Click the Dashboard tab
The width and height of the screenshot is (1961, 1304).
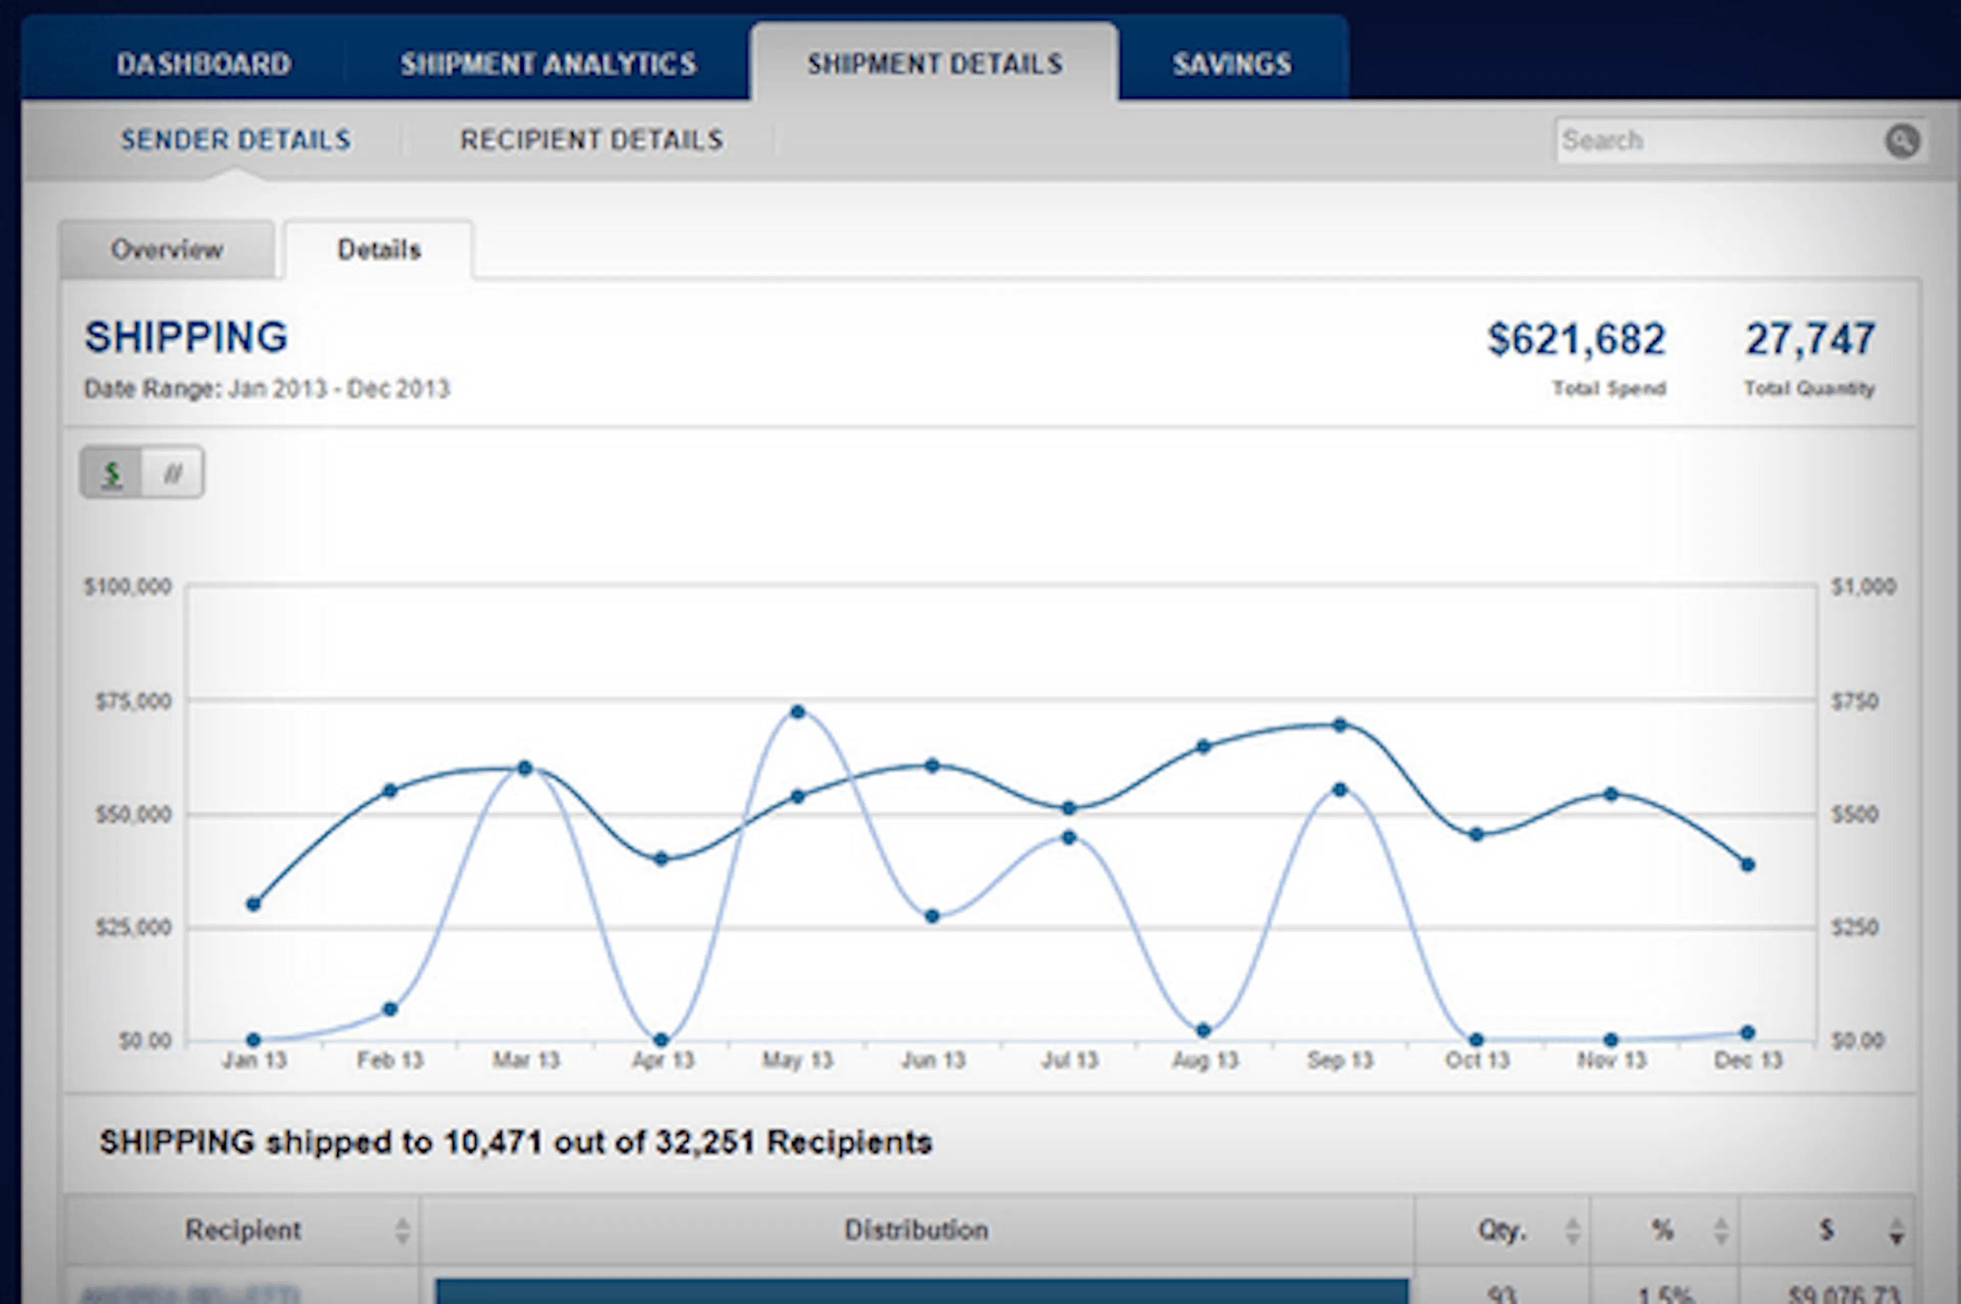click(204, 64)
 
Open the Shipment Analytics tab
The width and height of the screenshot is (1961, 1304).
click(548, 64)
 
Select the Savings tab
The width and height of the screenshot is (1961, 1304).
click(1232, 64)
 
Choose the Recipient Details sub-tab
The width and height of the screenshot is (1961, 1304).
click(591, 140)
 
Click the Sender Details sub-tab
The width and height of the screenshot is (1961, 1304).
click(235, 140)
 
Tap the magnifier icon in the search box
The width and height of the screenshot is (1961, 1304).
click(1902, 140)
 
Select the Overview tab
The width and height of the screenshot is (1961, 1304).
click(166, 250)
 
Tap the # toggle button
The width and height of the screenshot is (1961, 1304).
click(172, 473)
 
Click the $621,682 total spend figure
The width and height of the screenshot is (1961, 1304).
click(1576, 339)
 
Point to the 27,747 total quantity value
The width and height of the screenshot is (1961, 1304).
click(1809, 339)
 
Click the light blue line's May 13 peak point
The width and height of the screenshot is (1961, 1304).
click(798, 712)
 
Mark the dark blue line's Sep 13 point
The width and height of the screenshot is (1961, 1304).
click(1340, 725)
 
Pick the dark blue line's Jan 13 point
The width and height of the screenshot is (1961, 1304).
click(254, 904)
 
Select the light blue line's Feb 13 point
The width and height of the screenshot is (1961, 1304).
click(390, 1010)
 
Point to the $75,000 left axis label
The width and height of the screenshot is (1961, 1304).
click(133, 702)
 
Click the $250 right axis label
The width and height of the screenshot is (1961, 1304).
click(1854, 927)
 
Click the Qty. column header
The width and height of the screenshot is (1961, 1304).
click(1502, 1230)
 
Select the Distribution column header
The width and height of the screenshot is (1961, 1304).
click(916, 1230)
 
